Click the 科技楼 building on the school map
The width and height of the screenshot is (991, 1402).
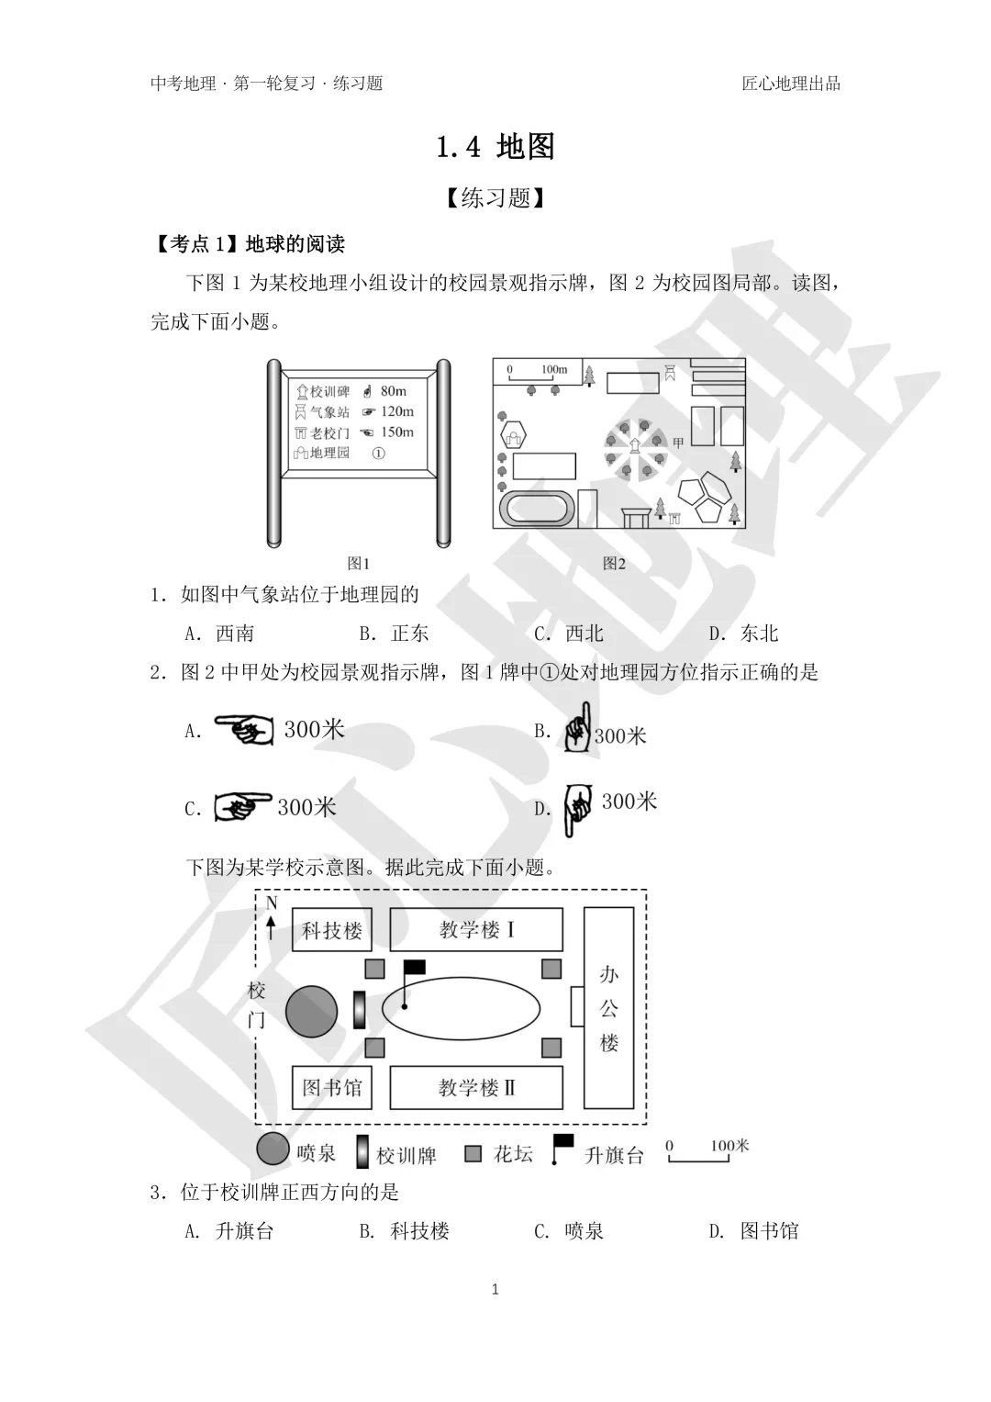tap(332, 930)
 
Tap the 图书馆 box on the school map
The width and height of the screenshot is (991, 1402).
tap(332, 1088)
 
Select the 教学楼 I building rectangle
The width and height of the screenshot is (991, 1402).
tap(476, 930)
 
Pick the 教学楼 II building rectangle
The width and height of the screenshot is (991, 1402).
tap(476, 1088)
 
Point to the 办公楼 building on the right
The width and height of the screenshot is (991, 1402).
tap(609, 1007)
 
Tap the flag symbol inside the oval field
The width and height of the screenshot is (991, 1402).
tap(414, 968)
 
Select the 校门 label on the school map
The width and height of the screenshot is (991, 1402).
tap(257, 1005)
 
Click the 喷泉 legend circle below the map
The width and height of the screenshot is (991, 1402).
tap(273, 1149)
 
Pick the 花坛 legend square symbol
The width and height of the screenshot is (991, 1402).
tap(473, 1153)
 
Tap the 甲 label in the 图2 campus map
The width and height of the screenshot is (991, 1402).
tap(678, 443)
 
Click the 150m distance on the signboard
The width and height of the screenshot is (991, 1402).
tap(396, 432)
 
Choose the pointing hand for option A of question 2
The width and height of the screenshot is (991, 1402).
tap(244, 730)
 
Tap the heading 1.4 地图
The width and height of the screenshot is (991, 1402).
tap(495, 147)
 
